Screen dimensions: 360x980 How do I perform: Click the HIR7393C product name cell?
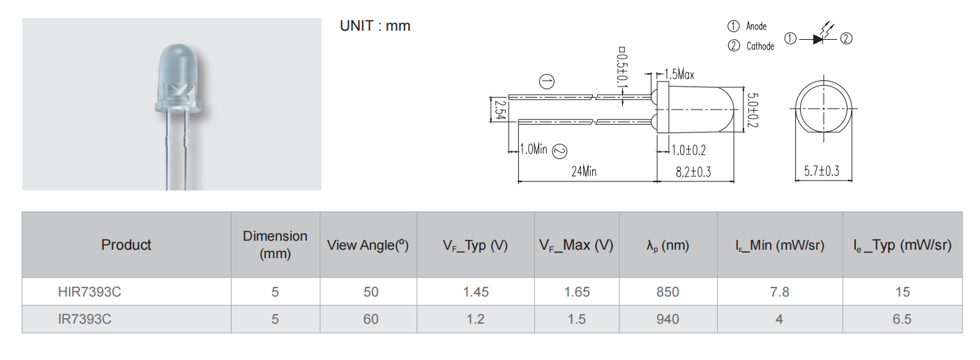[x=89, y=292]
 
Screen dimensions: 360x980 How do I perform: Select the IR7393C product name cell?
[x=84, y=319]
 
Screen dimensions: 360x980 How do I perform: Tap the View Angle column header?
[x=368, y=245]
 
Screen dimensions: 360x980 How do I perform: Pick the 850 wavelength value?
[x=668, y=292]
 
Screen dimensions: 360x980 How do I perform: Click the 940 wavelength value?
[x=668, y=319]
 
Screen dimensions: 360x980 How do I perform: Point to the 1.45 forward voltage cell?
[x=476, y=292]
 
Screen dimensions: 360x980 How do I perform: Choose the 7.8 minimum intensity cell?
[x=779, y=292]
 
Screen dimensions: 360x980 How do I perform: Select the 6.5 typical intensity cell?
[x=902, y=319]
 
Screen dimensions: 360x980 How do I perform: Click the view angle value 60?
[x=371, y=319]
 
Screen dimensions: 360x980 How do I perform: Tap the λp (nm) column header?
[x=668, y=245]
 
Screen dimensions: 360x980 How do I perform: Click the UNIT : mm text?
[x=375, y=27]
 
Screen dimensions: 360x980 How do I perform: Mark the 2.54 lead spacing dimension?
[x=500, y=110]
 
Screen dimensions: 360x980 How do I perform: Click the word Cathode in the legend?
[x=760, y=46]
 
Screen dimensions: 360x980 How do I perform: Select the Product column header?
[x=126, y=245]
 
